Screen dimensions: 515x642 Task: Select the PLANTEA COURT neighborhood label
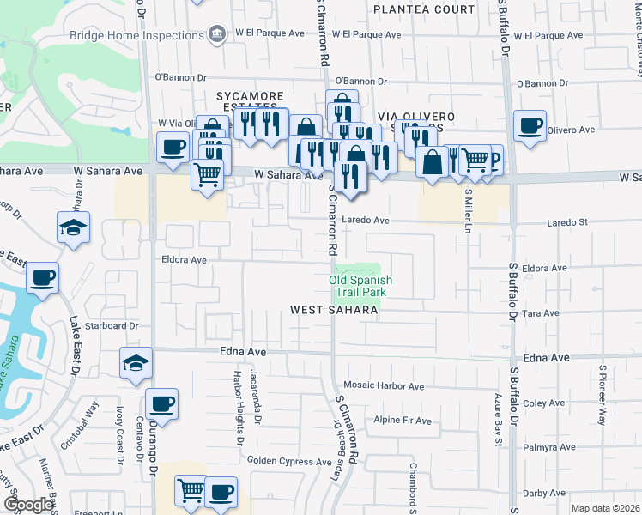point(424,9)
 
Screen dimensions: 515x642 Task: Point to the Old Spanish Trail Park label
point(361,286)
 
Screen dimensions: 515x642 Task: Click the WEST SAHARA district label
point(334,310)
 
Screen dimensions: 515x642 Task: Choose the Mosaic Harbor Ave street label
point(384,386)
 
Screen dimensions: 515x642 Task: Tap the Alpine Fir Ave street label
point(402,420)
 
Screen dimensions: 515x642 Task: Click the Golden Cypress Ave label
point(290,461)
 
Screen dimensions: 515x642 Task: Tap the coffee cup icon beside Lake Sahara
point(42,278)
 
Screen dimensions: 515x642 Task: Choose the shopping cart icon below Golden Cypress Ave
point(191,491)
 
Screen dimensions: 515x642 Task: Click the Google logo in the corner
point(28,505)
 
